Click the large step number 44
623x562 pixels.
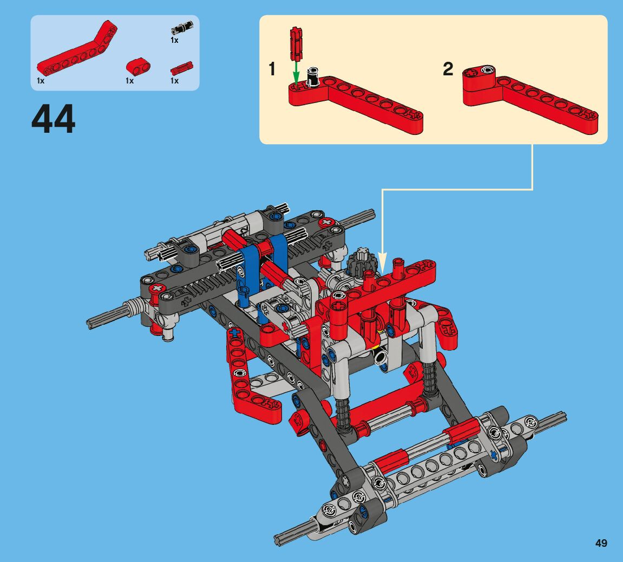[53, 119]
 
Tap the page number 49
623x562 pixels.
[601, 543]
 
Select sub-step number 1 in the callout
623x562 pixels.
[272, 69]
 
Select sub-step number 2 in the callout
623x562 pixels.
[448, 69]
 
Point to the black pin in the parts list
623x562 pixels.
[182, 28]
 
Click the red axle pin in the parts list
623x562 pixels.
[181, 68]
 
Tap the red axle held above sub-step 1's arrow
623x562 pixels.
[296, 43]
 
